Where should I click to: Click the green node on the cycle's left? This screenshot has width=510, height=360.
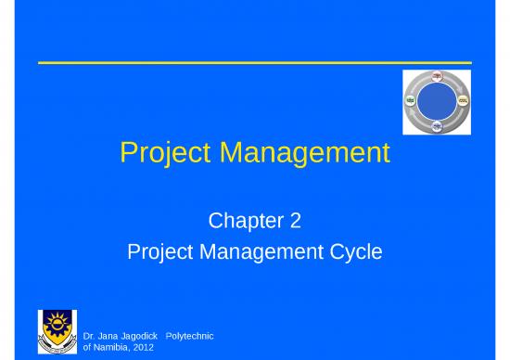[409, 99]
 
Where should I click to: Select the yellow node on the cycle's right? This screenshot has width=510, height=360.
[463, 99]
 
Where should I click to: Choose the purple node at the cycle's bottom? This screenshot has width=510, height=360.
[436, 125]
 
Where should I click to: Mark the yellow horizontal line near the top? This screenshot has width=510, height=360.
[254, 62]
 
